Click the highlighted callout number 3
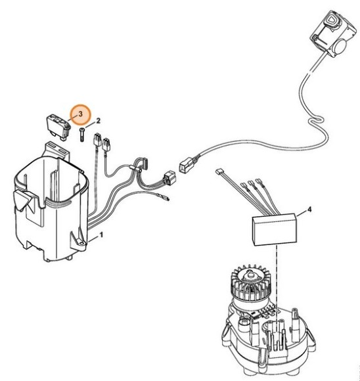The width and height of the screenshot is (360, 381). pyautogui.click(x=80, y=114)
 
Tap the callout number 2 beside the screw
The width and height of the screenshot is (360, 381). pyautogui.click(x=99, y=121)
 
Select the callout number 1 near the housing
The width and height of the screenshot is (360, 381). pyautogui.click(x=101, y=234)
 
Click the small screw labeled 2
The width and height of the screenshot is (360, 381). pyautogui.click(x=80, y=135)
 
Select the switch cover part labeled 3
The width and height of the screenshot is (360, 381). pyautogui.click(x=57, y=124)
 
